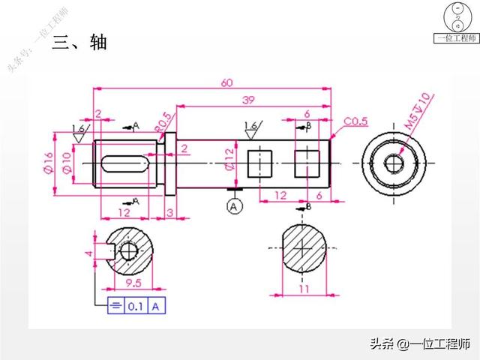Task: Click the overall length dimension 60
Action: (226, 82)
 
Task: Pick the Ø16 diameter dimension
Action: (47, 161)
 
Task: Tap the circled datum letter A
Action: (235, 204)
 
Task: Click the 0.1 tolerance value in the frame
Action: (136, 306)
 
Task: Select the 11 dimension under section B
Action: (304, 288)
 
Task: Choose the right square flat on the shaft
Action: (307, 161)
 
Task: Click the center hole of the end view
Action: (394, 163)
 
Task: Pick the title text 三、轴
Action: (82, 42)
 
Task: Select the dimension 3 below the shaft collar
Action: (169, 214)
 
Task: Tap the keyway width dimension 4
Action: (89, 253)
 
